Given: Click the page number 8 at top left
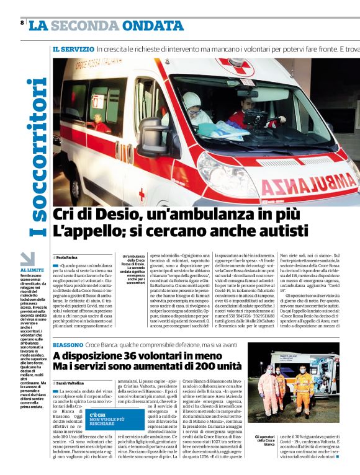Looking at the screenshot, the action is click(x=22, y=23).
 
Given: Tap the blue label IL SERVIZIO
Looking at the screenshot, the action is click(x=73, y=48).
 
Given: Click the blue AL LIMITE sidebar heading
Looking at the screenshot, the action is click(x=32, y=270).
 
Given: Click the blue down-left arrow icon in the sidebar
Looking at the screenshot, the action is click(x=27, y=259).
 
